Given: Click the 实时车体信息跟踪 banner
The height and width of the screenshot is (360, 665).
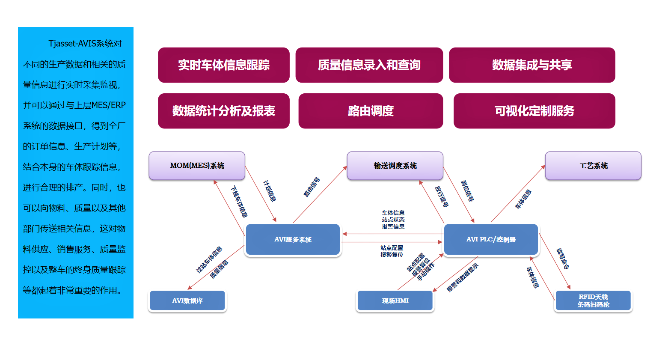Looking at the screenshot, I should [223, 65].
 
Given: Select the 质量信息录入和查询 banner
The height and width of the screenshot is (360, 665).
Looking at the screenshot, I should [369, 65].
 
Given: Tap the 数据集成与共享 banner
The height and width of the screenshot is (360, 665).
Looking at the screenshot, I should [531, 65].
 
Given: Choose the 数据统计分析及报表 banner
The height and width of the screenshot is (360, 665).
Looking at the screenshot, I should [223, 111].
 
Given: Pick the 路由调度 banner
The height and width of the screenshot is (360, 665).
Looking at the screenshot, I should [371, 111].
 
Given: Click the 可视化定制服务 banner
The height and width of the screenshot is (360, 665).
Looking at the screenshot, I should [534, 111].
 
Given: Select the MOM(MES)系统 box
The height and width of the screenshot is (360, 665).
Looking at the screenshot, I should [197, 166].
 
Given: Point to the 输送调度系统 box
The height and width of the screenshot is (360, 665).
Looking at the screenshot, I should [395, 166].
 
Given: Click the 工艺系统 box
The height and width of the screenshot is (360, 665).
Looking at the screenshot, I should [593, 166].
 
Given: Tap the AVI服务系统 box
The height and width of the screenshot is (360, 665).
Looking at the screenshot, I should [293, 240].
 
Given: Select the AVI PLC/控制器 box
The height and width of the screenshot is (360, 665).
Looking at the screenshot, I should [491, 240].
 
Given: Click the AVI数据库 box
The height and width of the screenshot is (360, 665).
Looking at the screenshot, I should [187, 301].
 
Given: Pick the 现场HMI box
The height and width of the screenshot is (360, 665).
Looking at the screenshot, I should [395, 301].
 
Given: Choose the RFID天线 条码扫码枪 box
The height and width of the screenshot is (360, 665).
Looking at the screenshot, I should [593, 300].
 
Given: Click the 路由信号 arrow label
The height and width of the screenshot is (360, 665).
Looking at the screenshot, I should [312, 187].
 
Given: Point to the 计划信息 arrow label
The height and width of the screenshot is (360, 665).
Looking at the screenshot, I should [270, 191].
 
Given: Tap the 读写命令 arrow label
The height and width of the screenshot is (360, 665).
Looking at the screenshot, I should [562, 259].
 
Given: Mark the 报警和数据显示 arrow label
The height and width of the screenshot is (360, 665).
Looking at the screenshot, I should [462, 278].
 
